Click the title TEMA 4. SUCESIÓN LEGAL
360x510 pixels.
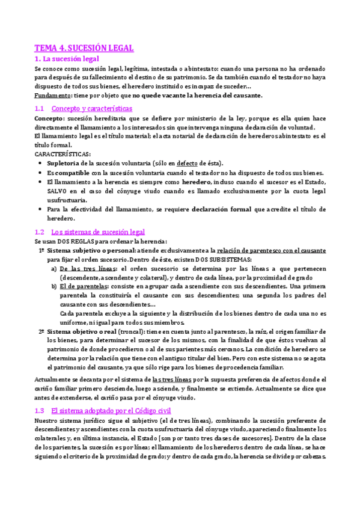[x=84, y=48]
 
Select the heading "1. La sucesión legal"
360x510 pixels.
[x=66, y=59]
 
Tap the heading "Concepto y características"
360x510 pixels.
[x=92, y=108]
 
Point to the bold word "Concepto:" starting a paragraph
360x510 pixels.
[x=50, y=119]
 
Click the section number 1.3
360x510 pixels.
[x=40, y=410]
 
